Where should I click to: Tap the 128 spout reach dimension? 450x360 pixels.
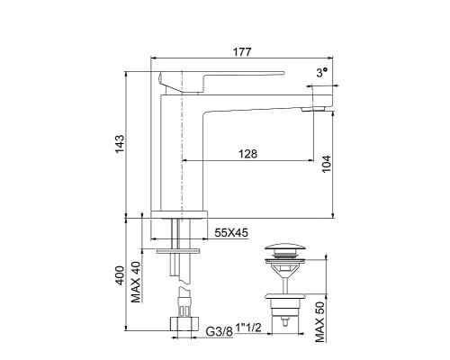coord(248,154)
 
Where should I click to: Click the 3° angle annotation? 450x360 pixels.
coord(319,71)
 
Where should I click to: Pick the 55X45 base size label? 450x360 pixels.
coord(230,233)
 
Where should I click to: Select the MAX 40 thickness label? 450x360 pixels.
coord(135,283)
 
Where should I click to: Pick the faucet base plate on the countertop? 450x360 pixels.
coord(180,213)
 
